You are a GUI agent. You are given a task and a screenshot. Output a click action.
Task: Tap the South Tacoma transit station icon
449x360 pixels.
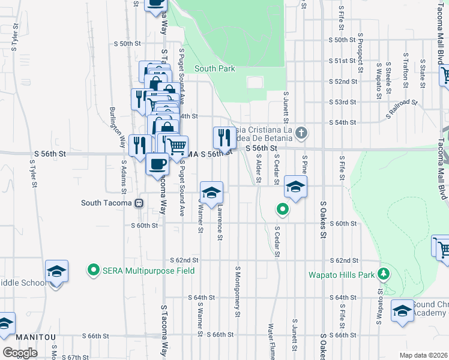click(139, 203)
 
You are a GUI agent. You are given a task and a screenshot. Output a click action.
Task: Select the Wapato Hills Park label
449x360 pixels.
click(342, 275)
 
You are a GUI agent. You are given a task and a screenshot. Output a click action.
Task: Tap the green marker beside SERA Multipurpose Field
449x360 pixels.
click(93, 270)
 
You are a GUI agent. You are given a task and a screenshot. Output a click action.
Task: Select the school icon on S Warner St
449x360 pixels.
click(211, 192)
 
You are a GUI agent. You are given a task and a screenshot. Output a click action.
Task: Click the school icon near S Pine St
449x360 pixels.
click(295, 187)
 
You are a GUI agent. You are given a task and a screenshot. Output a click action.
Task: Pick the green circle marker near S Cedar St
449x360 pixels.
click(282, 209)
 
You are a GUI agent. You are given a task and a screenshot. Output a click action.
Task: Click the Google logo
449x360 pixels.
click(20, 352)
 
